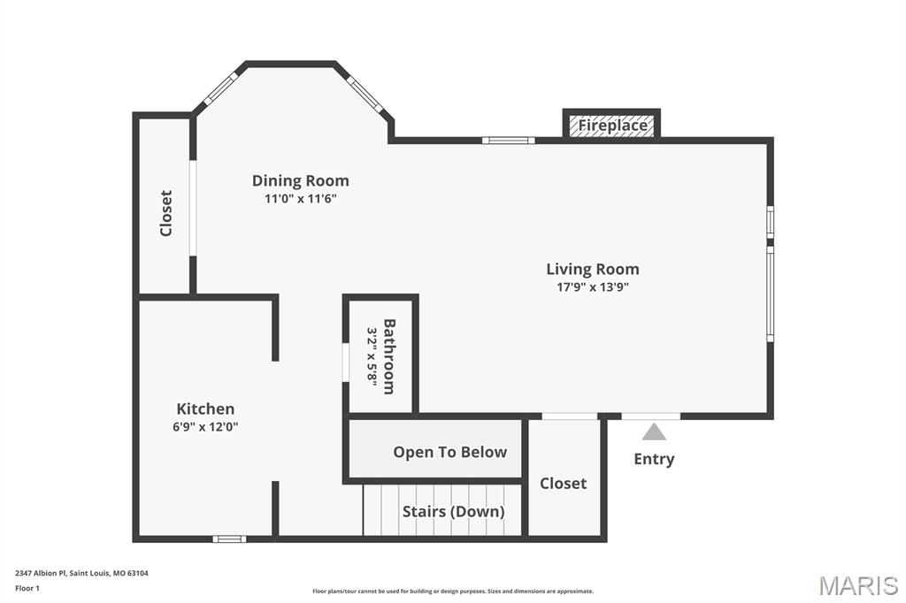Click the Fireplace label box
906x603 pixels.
click(x=612, y=126)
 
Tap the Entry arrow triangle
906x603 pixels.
click(x=654, y=431)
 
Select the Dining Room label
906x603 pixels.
click(x=301, y=181)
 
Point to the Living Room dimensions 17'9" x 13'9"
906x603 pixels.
click(x=592, y=286)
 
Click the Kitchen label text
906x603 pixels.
click(x=206, y=408)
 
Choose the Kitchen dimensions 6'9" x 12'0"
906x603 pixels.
click(x=206, y=426)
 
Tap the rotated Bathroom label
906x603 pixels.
click(x=388, y=355)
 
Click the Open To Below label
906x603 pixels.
click(x=449, y=452)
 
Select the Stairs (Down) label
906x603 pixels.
click(x=453, y=511)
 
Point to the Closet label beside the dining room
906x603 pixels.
click(x=165, y=213)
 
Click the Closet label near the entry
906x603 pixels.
click(x=563, y=484)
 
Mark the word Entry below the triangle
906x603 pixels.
click(x=654, y=459)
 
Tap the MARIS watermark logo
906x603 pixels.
click(x=857, y=584)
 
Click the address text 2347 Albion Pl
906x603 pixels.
click(x=81, y=573)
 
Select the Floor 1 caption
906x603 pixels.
click(x=27, y=588)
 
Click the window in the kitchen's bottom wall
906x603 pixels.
click(x=229, y=538)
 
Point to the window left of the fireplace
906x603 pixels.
click(x=508, y=140)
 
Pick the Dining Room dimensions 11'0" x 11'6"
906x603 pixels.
click(x=301, y=199)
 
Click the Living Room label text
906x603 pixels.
click(x=592, y=269)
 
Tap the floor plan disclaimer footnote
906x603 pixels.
click(x=453, y=592)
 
